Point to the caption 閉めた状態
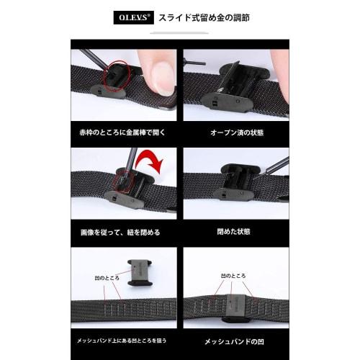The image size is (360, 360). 235,233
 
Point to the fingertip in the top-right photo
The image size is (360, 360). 282,79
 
